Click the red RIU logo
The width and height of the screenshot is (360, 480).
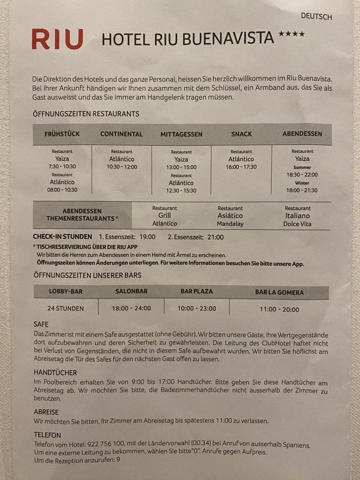[x=57, y=39]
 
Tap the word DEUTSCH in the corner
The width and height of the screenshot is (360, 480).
[x=316, y=16]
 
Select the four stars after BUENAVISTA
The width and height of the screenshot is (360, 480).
[x=292, y=34]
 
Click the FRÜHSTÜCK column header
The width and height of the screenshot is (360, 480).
[x=62, y=134]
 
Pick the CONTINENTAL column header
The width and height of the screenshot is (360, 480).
[x=122, y=134]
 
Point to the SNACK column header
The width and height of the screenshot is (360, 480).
[x=241, y=134]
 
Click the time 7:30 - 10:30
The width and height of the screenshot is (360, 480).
[x=62, y=167]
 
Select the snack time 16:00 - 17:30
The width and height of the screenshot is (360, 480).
[x=241, y=167]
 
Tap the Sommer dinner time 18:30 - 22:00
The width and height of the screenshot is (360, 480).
[x=302, y=175]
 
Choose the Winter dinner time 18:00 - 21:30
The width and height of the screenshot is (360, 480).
[x=302, y=190]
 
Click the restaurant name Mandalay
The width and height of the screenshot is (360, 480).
[x=230, y=224]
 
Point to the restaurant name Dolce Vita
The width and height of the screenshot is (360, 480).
[x=298, y=224]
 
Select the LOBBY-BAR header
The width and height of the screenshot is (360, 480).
[x=66, y=292]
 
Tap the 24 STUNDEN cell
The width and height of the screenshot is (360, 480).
[x=66, y=308]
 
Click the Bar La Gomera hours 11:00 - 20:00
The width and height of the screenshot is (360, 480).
[x=280, y=309]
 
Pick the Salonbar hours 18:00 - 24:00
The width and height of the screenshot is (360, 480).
[x=132, y=308]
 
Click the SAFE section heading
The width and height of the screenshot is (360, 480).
[x=41, y=324]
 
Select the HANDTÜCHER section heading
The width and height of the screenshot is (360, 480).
[x=56, y=372]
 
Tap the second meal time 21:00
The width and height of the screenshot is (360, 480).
[x=216, y=237]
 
